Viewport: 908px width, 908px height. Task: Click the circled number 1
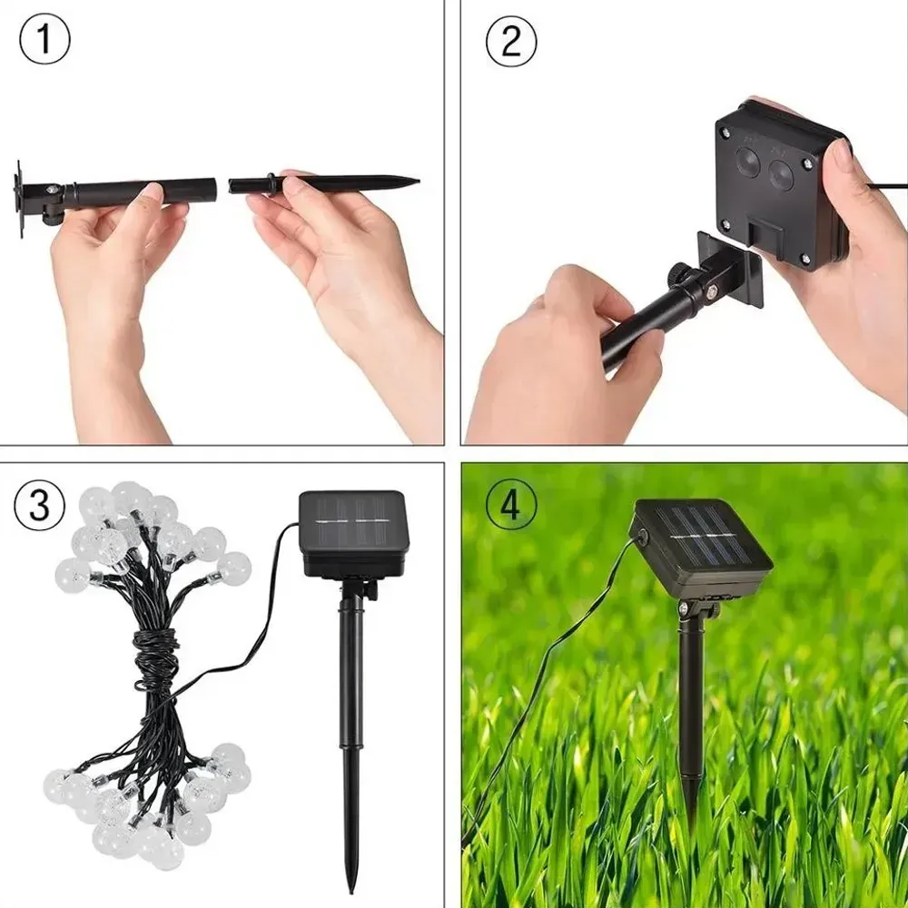[44, 40]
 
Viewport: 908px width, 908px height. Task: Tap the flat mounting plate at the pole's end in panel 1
[19, 199]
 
